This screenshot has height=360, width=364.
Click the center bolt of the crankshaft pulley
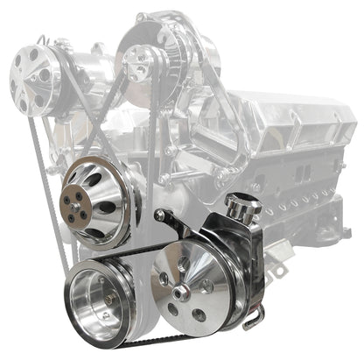pos(105,300)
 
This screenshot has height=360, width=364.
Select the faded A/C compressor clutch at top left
pos(32,78)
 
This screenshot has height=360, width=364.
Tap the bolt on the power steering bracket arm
pos(160,215)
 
